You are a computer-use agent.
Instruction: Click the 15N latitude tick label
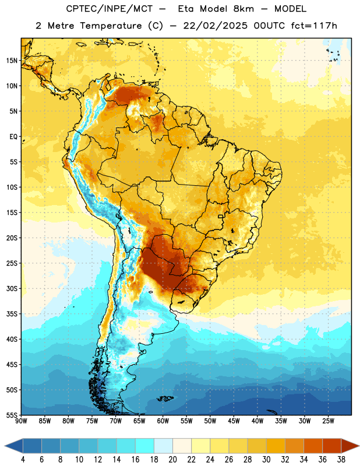coord(12,61)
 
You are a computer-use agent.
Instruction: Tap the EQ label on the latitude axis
coord(13,137)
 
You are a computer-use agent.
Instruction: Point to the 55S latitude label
coord(12,415)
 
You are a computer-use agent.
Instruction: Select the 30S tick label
coord(12,288)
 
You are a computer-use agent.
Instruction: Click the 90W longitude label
coord(21,421)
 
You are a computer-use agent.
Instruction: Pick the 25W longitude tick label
coord(328,421)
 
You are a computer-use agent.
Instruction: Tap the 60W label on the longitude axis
coord(163,421)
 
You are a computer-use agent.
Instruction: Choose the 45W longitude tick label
coord(234,421)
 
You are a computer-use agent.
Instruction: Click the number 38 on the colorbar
coord(341,460)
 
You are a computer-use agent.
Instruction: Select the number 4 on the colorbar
coord(23,460)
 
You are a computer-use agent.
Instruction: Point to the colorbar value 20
coord(172,460)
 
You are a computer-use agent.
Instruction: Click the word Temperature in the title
coord(111,26)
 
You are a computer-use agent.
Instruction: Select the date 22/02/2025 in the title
coord(215,26)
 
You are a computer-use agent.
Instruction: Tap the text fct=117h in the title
coord(314,26)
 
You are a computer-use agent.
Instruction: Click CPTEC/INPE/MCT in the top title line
coord(109,9)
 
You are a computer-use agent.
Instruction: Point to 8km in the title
coord(243,9)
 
